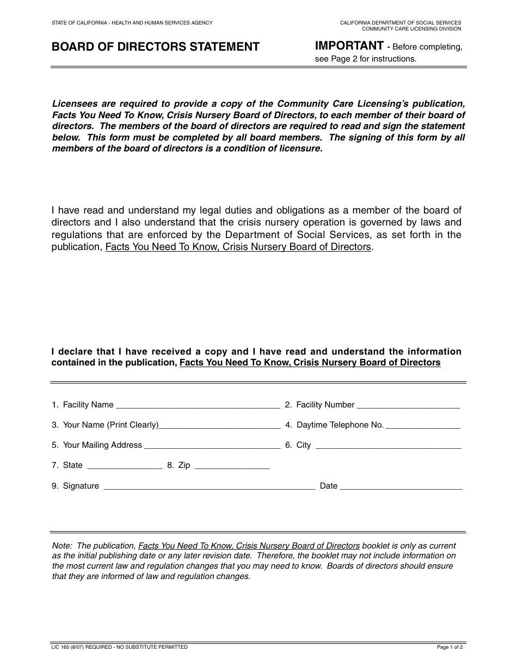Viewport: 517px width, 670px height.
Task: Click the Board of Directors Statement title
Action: (x=155, y=47)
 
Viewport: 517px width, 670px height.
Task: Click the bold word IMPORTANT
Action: (x=349, y=46)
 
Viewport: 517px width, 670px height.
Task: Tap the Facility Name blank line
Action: (x=198, y=405)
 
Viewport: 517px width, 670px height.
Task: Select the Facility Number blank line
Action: (x=409, y=405)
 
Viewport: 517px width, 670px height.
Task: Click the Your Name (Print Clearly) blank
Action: (x=219, y=425)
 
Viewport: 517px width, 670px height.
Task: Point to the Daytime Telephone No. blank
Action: (x=423, y=425)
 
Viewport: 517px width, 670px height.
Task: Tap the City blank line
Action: (x=388, y=446)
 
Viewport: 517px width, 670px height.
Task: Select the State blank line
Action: (x=125, y=466)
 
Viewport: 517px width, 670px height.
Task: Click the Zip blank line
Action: (x=232, y=466)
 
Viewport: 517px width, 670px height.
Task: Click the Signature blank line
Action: (x=209, y=486)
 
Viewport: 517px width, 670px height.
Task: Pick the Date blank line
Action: (x=401, y=486)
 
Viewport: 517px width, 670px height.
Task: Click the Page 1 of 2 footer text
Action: (x=450, y=648)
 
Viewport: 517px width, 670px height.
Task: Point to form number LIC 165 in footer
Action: (x=63, y=647)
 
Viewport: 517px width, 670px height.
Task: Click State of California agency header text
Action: (x=132, y=23)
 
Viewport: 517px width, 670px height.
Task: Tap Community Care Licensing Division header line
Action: (x=411, y=29)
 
